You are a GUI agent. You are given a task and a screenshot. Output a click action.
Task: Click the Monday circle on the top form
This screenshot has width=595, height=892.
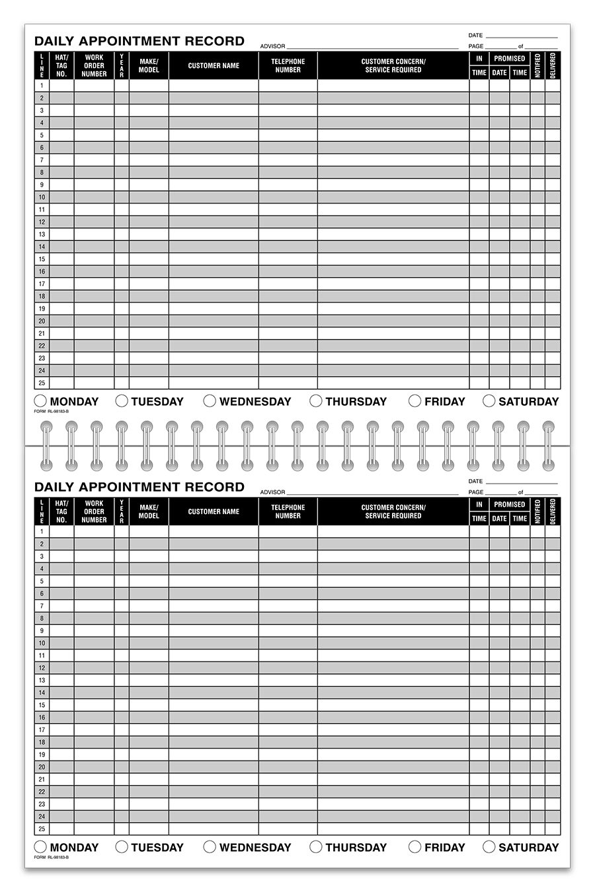40,400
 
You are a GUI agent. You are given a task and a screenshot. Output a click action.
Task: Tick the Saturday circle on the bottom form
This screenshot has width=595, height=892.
489,846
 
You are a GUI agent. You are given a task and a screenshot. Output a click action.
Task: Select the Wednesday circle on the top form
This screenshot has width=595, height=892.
210,400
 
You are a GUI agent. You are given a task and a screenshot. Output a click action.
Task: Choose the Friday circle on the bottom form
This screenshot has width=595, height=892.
415,846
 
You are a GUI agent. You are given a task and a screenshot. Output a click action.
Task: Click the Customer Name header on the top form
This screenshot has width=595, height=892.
214,65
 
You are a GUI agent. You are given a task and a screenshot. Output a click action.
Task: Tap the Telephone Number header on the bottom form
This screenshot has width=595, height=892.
288,511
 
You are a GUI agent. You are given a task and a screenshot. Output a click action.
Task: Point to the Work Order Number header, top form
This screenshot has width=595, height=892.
94,65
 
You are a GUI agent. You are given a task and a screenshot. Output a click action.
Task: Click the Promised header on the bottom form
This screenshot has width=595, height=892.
509,504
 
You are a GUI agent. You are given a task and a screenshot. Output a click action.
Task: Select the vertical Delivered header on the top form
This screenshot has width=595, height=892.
553,65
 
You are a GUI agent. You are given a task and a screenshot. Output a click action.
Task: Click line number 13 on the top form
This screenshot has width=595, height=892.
42,234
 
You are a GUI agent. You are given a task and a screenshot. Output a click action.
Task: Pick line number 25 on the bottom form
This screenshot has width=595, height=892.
42,829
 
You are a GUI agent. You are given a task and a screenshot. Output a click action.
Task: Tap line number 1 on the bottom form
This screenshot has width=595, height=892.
42,531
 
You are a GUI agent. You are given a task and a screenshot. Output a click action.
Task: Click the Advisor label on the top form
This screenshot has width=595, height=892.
272,46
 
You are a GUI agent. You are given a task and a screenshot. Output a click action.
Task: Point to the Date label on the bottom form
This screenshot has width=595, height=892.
475,481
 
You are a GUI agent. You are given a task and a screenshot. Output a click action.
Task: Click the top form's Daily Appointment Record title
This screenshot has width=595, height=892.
139,41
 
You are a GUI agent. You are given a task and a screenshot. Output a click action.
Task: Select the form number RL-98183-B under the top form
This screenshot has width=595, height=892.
51,411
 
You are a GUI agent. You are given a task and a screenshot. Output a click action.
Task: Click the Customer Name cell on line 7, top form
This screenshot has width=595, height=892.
214,160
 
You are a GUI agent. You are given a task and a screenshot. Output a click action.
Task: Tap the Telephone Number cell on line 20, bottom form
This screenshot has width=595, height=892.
288,767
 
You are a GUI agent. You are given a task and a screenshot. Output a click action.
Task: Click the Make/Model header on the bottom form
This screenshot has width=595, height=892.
149,511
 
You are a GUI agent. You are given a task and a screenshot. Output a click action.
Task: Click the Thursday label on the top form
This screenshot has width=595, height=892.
356,401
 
